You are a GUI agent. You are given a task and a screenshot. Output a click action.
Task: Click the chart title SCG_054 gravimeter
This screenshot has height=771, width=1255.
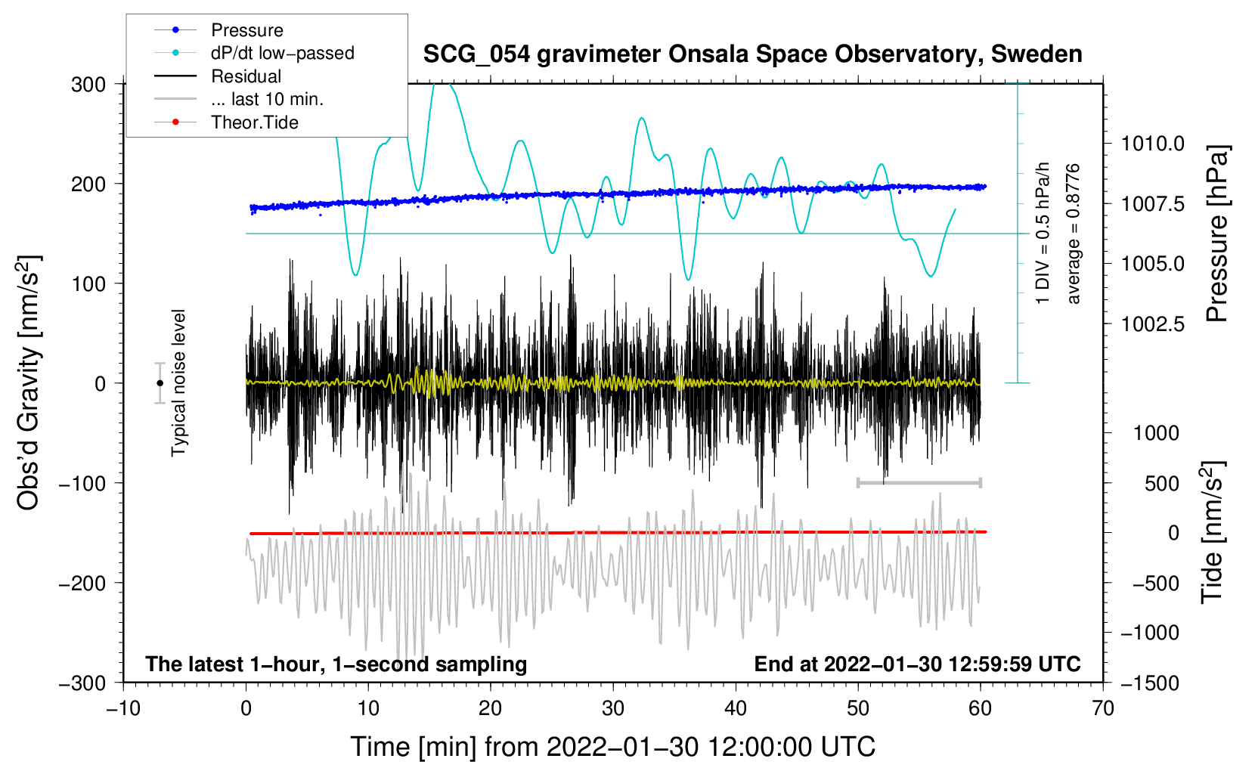coord(752,54)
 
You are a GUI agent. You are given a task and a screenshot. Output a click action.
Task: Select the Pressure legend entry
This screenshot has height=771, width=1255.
coord(246,30)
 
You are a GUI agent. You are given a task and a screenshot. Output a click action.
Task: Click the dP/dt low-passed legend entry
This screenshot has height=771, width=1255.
coord(282,53)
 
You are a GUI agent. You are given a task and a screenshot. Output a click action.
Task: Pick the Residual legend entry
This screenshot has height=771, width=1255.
coord(246,76)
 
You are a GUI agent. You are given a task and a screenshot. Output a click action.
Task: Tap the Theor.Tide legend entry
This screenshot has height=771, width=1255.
coord(254,122)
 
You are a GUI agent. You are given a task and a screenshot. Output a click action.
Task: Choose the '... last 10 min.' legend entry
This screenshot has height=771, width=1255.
coord(267,99)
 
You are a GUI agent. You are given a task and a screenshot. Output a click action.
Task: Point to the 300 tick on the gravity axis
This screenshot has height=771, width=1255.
coord(88,84)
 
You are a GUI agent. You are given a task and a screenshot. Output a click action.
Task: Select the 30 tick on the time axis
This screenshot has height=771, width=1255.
coord(613,708)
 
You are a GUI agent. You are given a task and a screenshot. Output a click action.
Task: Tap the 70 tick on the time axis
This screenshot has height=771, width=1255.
coord(1103,708)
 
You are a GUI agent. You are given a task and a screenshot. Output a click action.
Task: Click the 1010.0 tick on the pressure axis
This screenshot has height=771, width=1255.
coord(1153,144)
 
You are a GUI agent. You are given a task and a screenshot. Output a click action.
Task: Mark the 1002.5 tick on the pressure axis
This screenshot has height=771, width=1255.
coord(1153,324)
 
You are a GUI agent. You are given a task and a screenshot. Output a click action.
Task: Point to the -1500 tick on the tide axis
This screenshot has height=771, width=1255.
coord(1150,683)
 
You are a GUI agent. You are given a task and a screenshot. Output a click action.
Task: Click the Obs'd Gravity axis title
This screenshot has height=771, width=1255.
coord(29,382)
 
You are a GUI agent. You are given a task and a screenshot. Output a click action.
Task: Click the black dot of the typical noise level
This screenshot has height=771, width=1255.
coord(160,383)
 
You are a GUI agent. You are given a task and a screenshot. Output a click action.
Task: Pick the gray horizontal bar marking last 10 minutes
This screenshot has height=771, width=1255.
coord(919,482)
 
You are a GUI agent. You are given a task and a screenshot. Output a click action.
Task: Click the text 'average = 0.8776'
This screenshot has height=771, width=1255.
coord(1074,234)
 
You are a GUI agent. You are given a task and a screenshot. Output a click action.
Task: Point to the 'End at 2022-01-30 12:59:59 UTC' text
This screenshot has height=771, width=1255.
coord(917,664)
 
